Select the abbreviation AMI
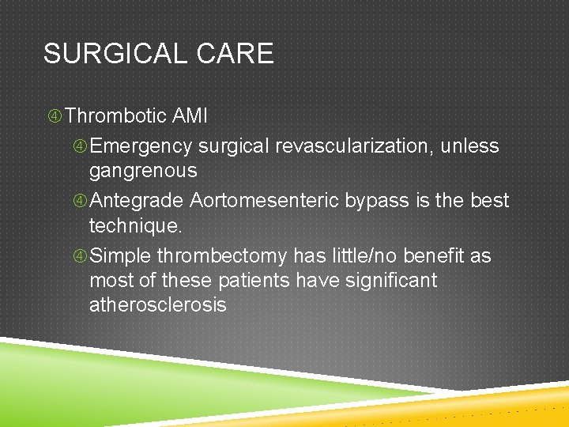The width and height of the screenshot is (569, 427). (190, 117)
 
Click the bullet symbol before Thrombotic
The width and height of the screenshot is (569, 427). (55, 117)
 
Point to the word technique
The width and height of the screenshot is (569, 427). (135, 225)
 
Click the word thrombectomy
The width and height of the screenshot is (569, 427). (223, 256)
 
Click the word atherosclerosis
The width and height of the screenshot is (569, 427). (157, 305)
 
